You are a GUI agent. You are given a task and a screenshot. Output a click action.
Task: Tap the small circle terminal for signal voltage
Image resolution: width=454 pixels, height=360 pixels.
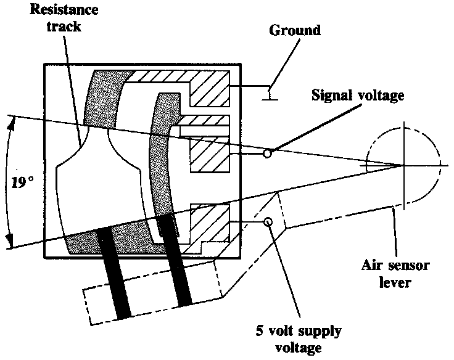[266, 153]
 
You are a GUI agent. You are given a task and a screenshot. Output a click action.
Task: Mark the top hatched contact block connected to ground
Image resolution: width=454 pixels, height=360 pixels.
[209, 92]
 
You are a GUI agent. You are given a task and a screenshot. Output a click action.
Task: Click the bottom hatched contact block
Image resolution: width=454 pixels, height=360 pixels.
[210, 222]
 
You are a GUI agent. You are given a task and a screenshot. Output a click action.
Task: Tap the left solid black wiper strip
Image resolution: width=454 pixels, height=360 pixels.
[113, 271]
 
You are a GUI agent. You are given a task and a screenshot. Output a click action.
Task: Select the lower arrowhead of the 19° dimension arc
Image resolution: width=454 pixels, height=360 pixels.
[10, 245]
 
